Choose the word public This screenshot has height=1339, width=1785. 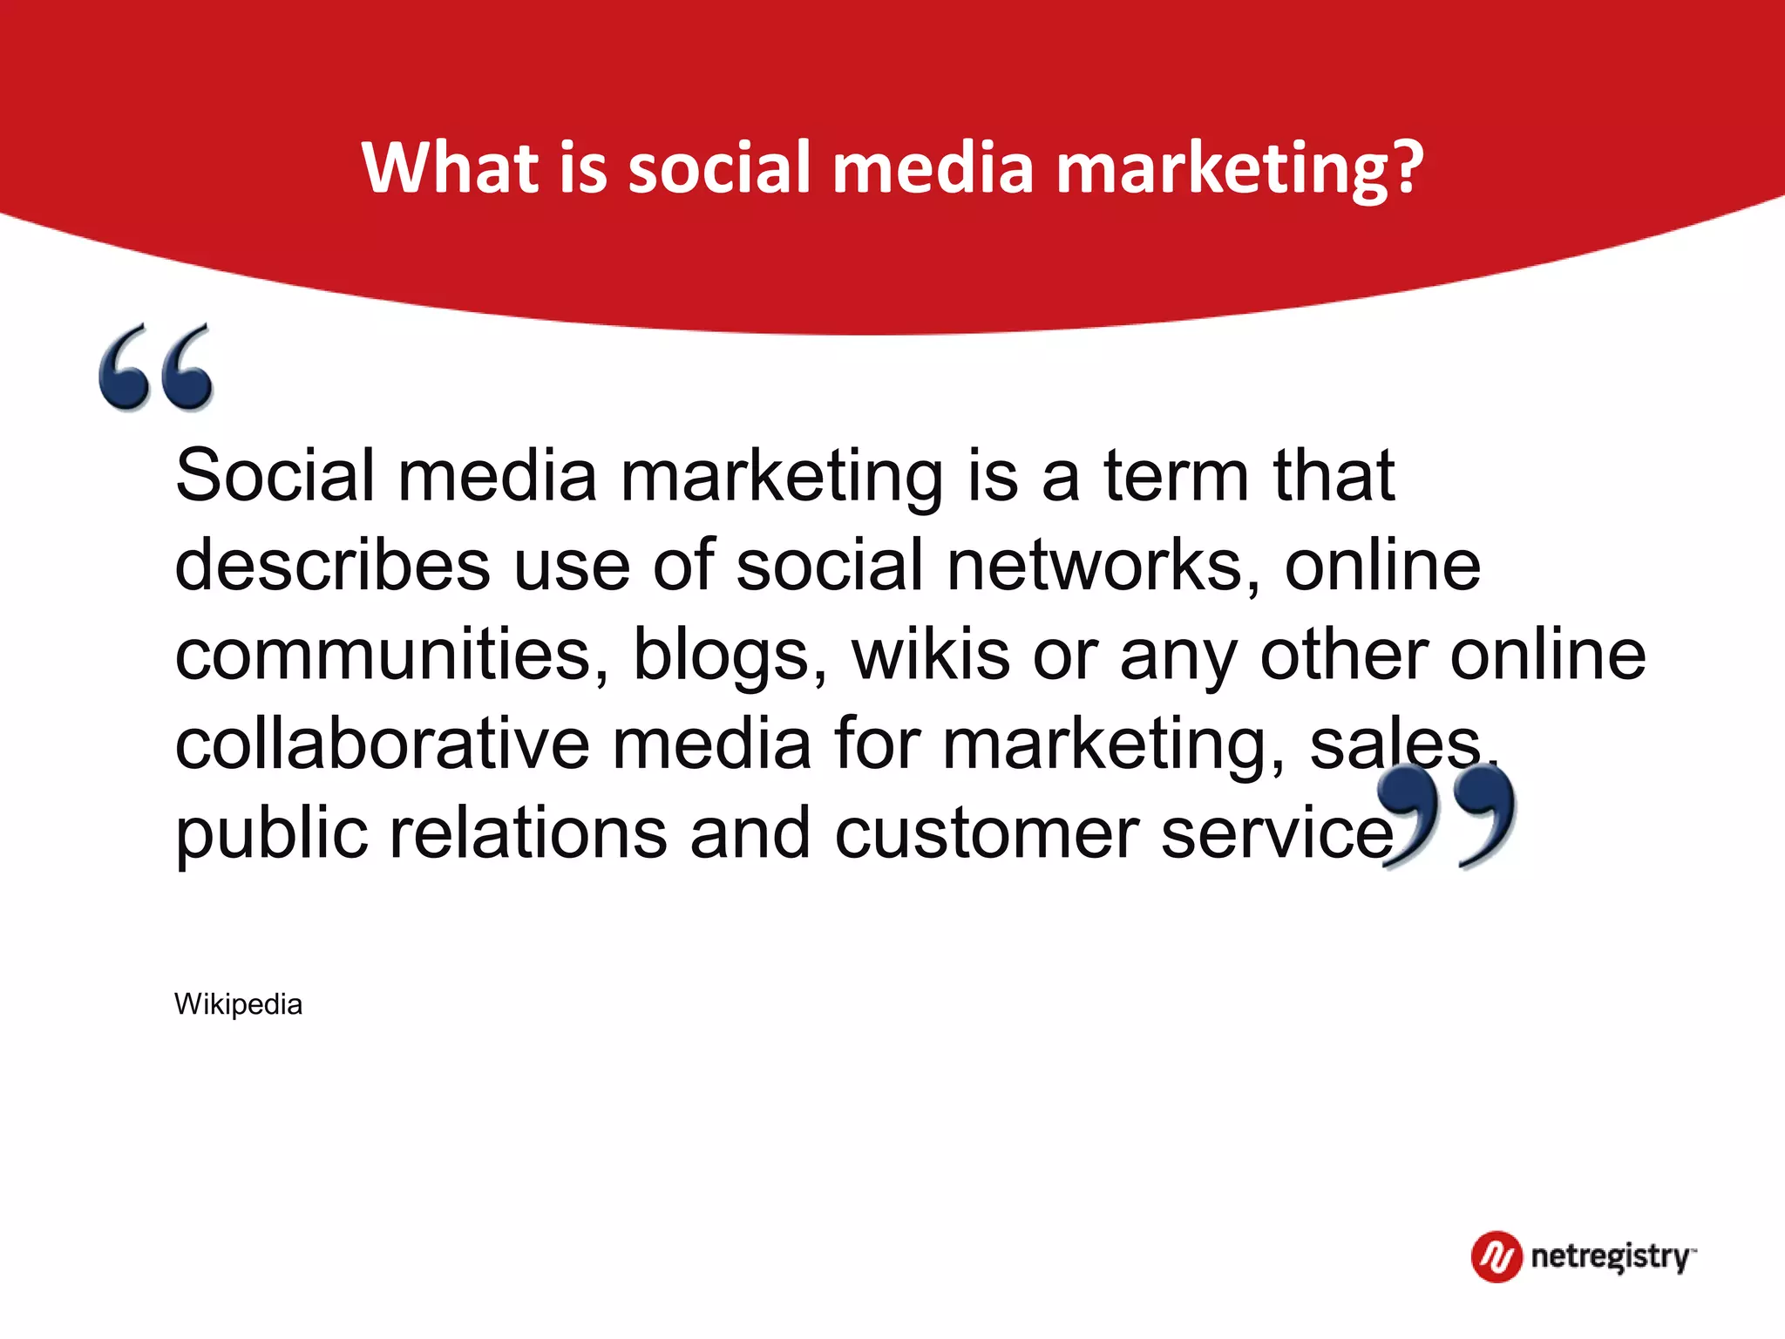click(x=271, y=835)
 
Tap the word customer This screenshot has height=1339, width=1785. click(x=987, y=834)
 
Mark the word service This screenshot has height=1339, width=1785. click(x=1278, y=834)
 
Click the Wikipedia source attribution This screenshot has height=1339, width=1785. click(x=238, y=1004)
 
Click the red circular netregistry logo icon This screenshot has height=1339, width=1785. click(x=1497, y=1257)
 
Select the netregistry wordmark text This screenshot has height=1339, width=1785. click(x=1611, y=1257)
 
